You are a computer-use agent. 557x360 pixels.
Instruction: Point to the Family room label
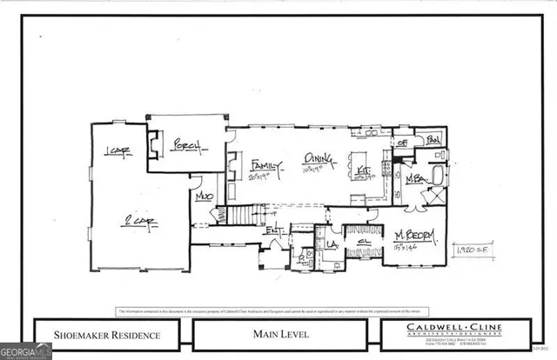click(x=265, y=164)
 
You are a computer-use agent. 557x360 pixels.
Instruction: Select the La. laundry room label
click(x=332, y=244)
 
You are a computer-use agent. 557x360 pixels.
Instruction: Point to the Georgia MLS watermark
click(x=26, y=352)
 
